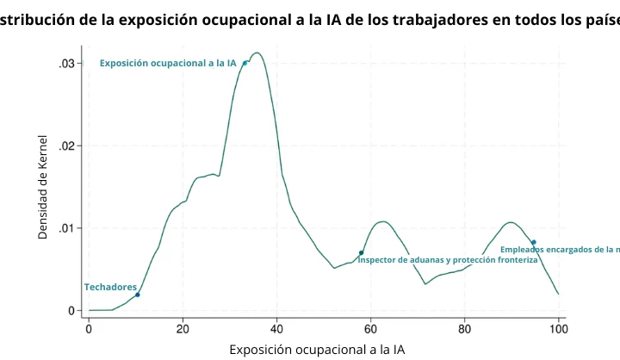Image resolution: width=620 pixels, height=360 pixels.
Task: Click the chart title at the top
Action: click(310, 20)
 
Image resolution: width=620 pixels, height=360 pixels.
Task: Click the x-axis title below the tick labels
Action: click(316, 349)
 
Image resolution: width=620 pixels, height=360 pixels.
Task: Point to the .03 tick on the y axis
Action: click(66, 64)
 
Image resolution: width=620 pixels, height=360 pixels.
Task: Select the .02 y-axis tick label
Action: click(66, 146)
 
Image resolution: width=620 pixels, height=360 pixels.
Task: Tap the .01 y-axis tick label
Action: click(66, 228)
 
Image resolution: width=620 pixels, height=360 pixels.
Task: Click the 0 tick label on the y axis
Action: click(71, 310)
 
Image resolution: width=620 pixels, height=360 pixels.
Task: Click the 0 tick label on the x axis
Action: click(89, 328)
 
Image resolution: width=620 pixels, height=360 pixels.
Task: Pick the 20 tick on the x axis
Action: click(183, 328)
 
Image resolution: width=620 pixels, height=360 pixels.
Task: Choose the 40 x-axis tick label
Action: click(276, 328)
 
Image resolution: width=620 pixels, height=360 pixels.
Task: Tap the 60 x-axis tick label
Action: click(370, 328)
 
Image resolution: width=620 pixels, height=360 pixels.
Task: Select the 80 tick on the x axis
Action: click(464, 328)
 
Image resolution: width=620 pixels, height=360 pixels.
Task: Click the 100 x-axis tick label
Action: click(558, 328)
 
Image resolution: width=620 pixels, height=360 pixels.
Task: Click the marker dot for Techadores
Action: click(138, 295)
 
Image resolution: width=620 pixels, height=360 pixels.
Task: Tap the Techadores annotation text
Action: click(110, 287)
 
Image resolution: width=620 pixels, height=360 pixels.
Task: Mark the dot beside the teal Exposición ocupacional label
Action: click(245, 63)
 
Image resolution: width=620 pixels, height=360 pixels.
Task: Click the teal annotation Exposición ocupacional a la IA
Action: click(168, 63)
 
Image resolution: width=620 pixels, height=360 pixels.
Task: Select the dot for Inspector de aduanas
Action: click(361, 252)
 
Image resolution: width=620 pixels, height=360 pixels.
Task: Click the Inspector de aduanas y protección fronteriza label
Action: click(448, 260)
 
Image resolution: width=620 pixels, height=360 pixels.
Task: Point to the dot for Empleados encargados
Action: click(534, 242)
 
